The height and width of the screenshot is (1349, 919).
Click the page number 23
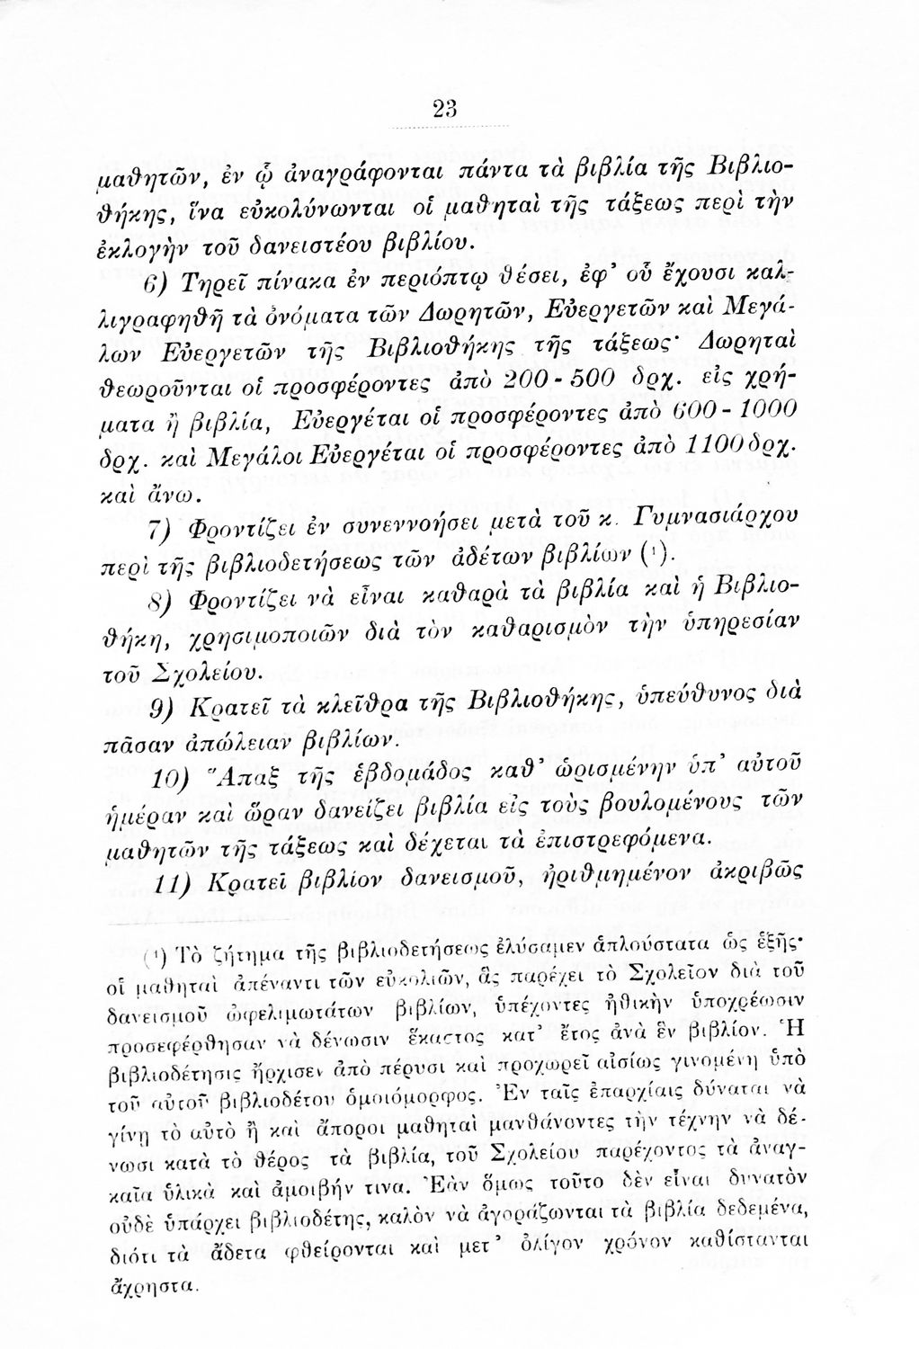point(444,108)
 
